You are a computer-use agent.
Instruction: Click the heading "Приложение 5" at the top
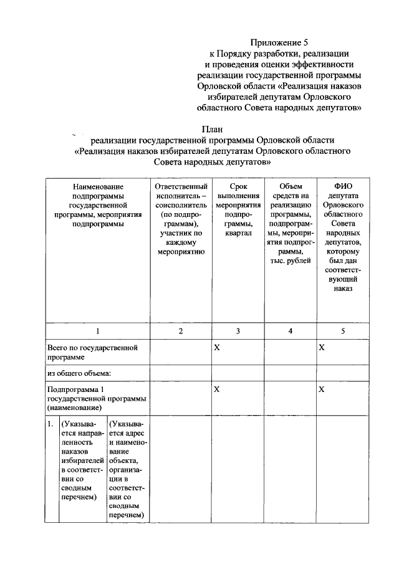[279, 43]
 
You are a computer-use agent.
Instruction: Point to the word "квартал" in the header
[235, 232]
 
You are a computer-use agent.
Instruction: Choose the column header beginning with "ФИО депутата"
[343, 237]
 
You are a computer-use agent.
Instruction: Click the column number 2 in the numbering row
[181, 331]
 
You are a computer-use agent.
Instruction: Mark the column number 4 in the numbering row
[291, 331]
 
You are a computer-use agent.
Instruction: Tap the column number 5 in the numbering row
[343, 331]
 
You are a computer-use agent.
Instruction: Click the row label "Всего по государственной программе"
[92, 352]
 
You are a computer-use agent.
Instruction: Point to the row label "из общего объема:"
[79, 373]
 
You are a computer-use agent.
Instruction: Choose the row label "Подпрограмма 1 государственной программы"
[97, 398]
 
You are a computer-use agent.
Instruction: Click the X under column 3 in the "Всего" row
[218, 347]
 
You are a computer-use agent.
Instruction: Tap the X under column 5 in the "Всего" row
[322, 347]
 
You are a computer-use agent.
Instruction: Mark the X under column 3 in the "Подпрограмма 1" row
[218, 389]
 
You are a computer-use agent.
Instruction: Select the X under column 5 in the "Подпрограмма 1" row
[322, 389]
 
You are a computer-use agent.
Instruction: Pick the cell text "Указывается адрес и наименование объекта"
[127, 467]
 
